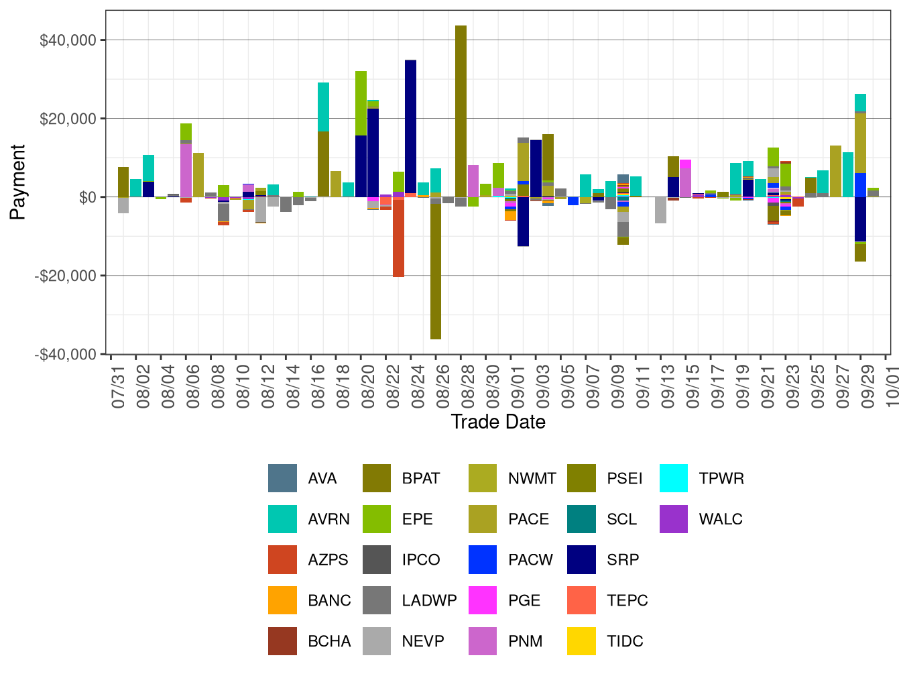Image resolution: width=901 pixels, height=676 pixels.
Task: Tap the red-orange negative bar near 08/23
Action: click(398, 238)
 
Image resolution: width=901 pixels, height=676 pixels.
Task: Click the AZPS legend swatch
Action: click(282, 560)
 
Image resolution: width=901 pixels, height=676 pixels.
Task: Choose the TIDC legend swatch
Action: click(581, 641)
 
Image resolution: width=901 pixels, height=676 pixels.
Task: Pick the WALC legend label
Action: click(721, 519)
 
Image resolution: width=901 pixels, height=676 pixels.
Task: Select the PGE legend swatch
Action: click(483, 600)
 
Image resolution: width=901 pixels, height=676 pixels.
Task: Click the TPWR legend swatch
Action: click(674, 478)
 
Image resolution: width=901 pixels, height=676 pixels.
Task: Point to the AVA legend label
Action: click(322, 478)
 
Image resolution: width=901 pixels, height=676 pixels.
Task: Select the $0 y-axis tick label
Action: click(87, 197)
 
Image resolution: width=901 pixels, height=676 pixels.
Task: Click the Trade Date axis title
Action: click(498, 422)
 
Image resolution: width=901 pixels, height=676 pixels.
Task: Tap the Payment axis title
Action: click(17, 182)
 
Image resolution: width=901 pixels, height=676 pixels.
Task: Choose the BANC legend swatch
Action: click(282, 600)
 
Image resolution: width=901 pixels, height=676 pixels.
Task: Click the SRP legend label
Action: click(623, 560)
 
